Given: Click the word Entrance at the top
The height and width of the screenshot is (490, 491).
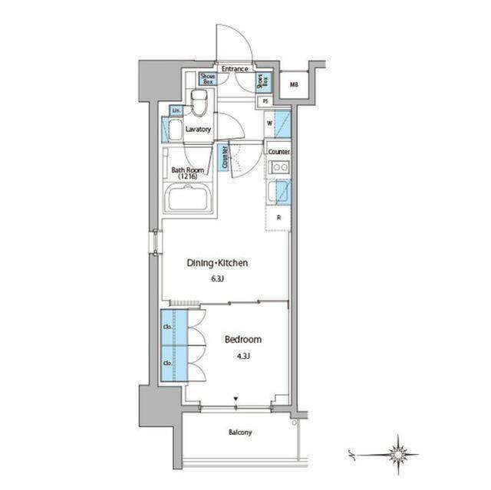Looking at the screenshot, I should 235,69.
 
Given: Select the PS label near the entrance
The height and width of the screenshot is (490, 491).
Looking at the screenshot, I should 265,101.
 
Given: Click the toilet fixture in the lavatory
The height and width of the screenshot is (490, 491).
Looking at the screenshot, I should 199,103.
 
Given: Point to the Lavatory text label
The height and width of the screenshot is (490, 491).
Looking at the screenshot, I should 198,130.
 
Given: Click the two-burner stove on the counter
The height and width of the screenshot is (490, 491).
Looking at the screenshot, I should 278,168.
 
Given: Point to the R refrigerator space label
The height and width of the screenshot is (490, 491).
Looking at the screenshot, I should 278,218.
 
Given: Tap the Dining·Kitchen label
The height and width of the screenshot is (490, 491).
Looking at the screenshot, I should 218,263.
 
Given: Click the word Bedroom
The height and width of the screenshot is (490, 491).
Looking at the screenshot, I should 243,339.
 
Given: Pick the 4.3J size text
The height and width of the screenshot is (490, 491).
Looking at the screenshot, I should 243,355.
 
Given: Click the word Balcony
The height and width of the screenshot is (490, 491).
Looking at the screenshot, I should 239,432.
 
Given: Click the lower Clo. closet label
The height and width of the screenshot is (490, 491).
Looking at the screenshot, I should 167,361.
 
